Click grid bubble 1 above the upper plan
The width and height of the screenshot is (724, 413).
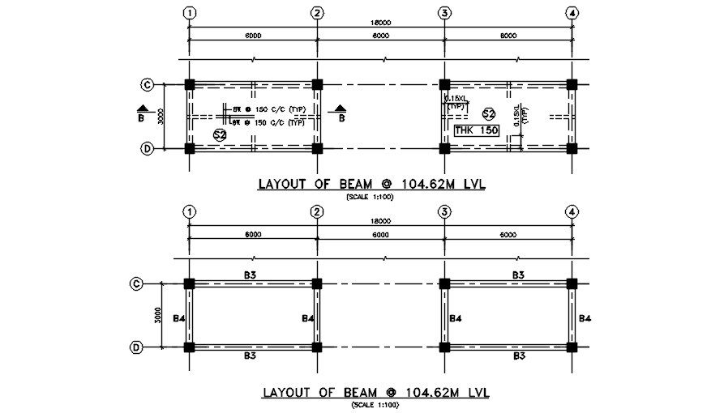pyautogui.click(x=189, y=13)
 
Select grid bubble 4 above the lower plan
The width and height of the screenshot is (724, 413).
pyautogui.click(x=572, y=213)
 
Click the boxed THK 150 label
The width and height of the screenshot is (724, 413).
pyautogui.click(x=476, y=130)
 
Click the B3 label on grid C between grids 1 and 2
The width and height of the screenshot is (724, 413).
pyautogui.click(x=251, y=275)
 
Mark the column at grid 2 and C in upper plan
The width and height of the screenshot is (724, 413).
pyautogui.click(x=317, y=84)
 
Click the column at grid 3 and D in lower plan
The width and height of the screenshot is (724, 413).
pyautogui.click(x=444, y=347)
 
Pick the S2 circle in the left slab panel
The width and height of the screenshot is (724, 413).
pyautogui.click(x=219, y=134)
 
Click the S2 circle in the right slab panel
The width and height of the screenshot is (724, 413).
pyautogui.click(x=488, y=113)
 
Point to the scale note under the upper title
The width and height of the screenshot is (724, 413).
pyautogui.click(x=369, y=197)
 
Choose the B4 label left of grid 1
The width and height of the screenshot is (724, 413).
pyautogui.click(x=179, y=318)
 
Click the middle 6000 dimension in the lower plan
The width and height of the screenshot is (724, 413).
pyautogui.click(x=380, y=235)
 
